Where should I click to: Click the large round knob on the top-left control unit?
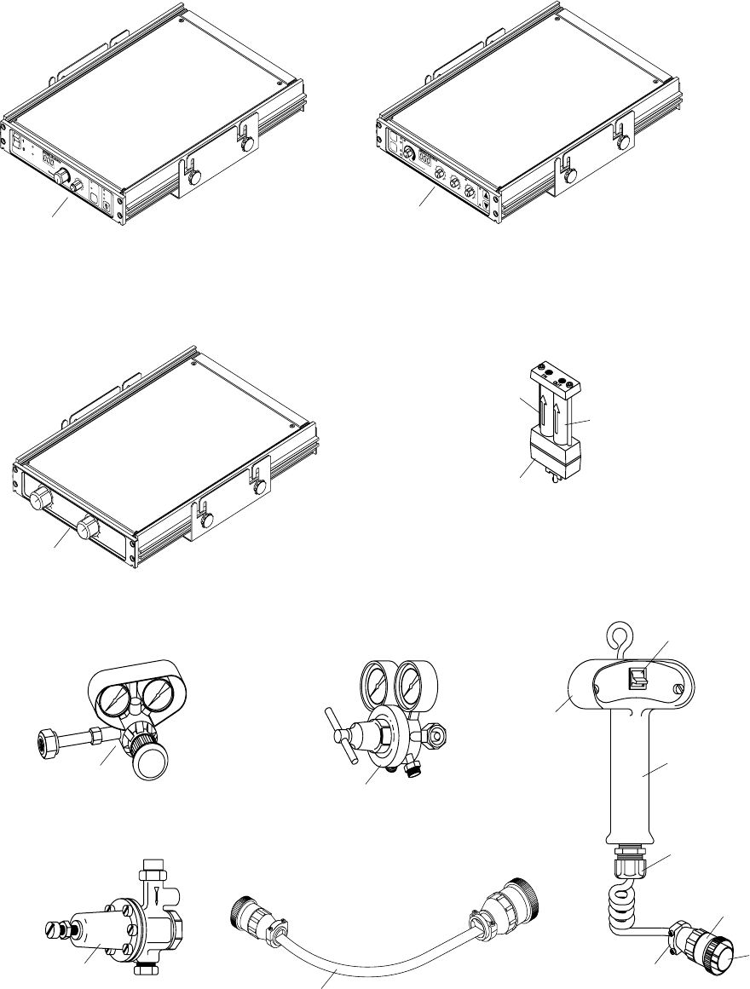point(62,176)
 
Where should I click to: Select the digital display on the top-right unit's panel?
point(425,159)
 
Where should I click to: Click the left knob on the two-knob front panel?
point(37,498)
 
